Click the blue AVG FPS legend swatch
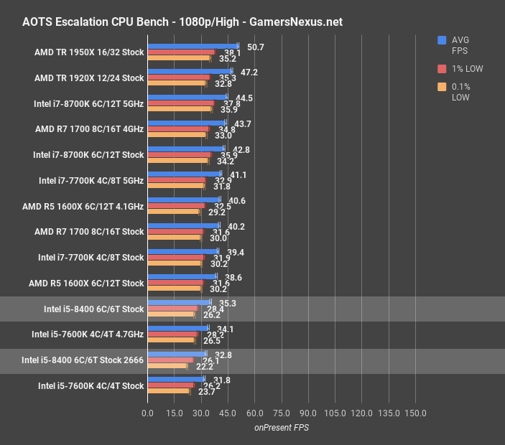(442, 40)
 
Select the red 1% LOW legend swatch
(442, 69)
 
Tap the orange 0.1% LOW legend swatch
(442, 88)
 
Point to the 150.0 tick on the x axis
(415, 413)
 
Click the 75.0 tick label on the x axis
(281, 413)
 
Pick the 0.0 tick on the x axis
(147, 413)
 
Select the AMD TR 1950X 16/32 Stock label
(89, 52)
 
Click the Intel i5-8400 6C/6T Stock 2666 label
(83, 360)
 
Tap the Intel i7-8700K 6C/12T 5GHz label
(89, 103)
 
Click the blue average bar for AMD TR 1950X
(192, 46)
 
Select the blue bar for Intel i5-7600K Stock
(175, 379)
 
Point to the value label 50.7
(255, 47)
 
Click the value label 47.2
(249, 73)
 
